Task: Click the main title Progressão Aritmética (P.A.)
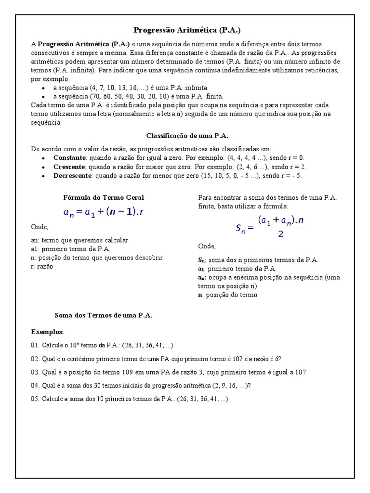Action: (x=185, y=30)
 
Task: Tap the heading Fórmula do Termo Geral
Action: (x=104, y=197)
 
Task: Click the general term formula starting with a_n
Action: (x=103, y=212)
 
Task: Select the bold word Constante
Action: (x=69, y=158)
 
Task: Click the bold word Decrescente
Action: (x=72, y=176)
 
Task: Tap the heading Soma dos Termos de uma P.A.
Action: (x=104, y=315)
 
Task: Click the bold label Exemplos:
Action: (x=47, y=332)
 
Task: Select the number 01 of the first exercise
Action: (x=35, y=345)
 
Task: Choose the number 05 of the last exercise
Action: (x=35, y=399)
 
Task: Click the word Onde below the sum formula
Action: (x=207, y=246)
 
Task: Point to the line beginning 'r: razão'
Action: (x=42, y=266)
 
